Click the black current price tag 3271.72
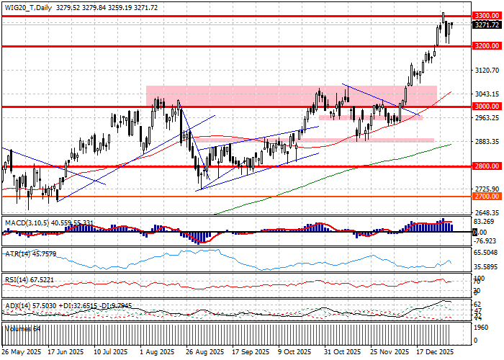point(485,24)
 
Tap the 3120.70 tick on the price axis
point(485,71)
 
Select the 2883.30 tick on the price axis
point(485,142)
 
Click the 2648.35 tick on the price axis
point(485,212)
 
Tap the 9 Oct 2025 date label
point(293,353)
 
